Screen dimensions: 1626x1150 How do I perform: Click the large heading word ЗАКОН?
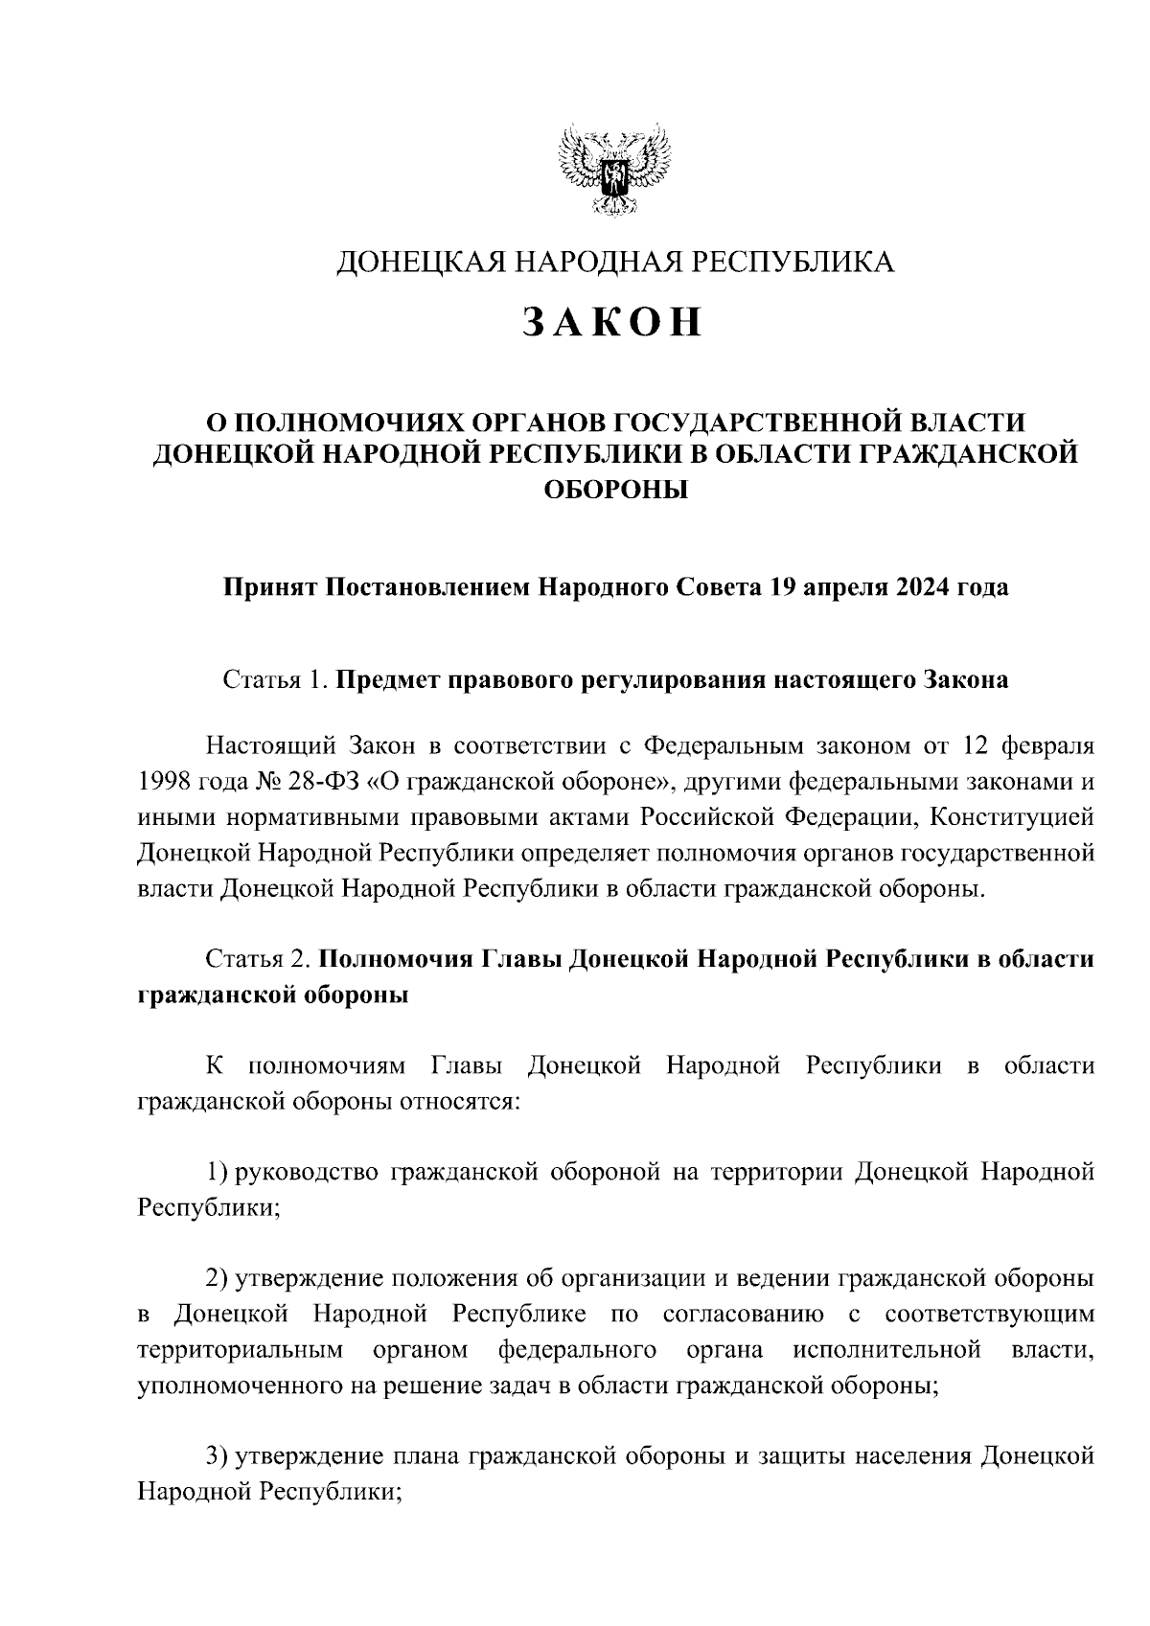(613, 324)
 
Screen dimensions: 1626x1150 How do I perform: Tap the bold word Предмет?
(389, 680)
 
